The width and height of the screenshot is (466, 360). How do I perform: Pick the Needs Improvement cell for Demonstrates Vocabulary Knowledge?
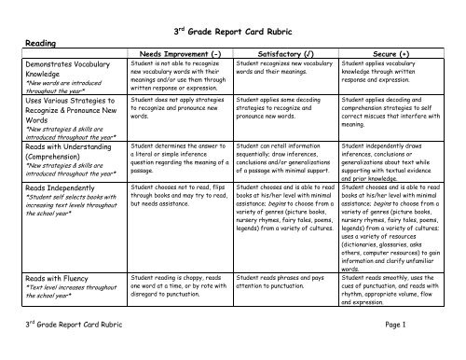click(177, 77)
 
